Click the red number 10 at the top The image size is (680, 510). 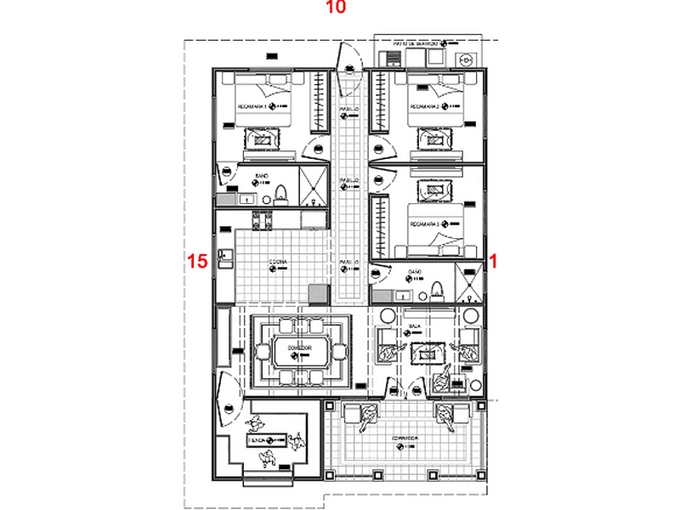(x=337, y=8)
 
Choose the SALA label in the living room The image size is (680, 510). (x=416, y=326)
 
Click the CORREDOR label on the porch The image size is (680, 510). (x=404, y=439)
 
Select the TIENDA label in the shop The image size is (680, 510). (x=258, y=440)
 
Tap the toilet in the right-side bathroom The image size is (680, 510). (x=436, y=289)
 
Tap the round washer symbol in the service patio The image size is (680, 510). (x=465, y=60)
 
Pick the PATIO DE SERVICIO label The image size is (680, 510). (x=415, y=42)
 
